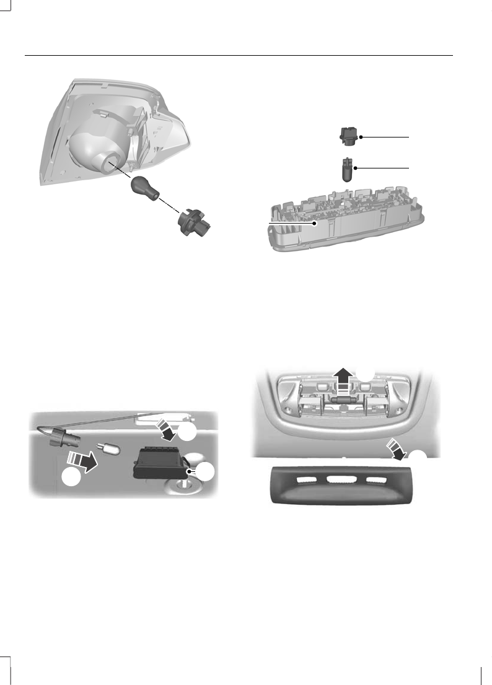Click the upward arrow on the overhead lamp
tap(340, 378)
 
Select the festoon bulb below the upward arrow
tap(340, 400)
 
